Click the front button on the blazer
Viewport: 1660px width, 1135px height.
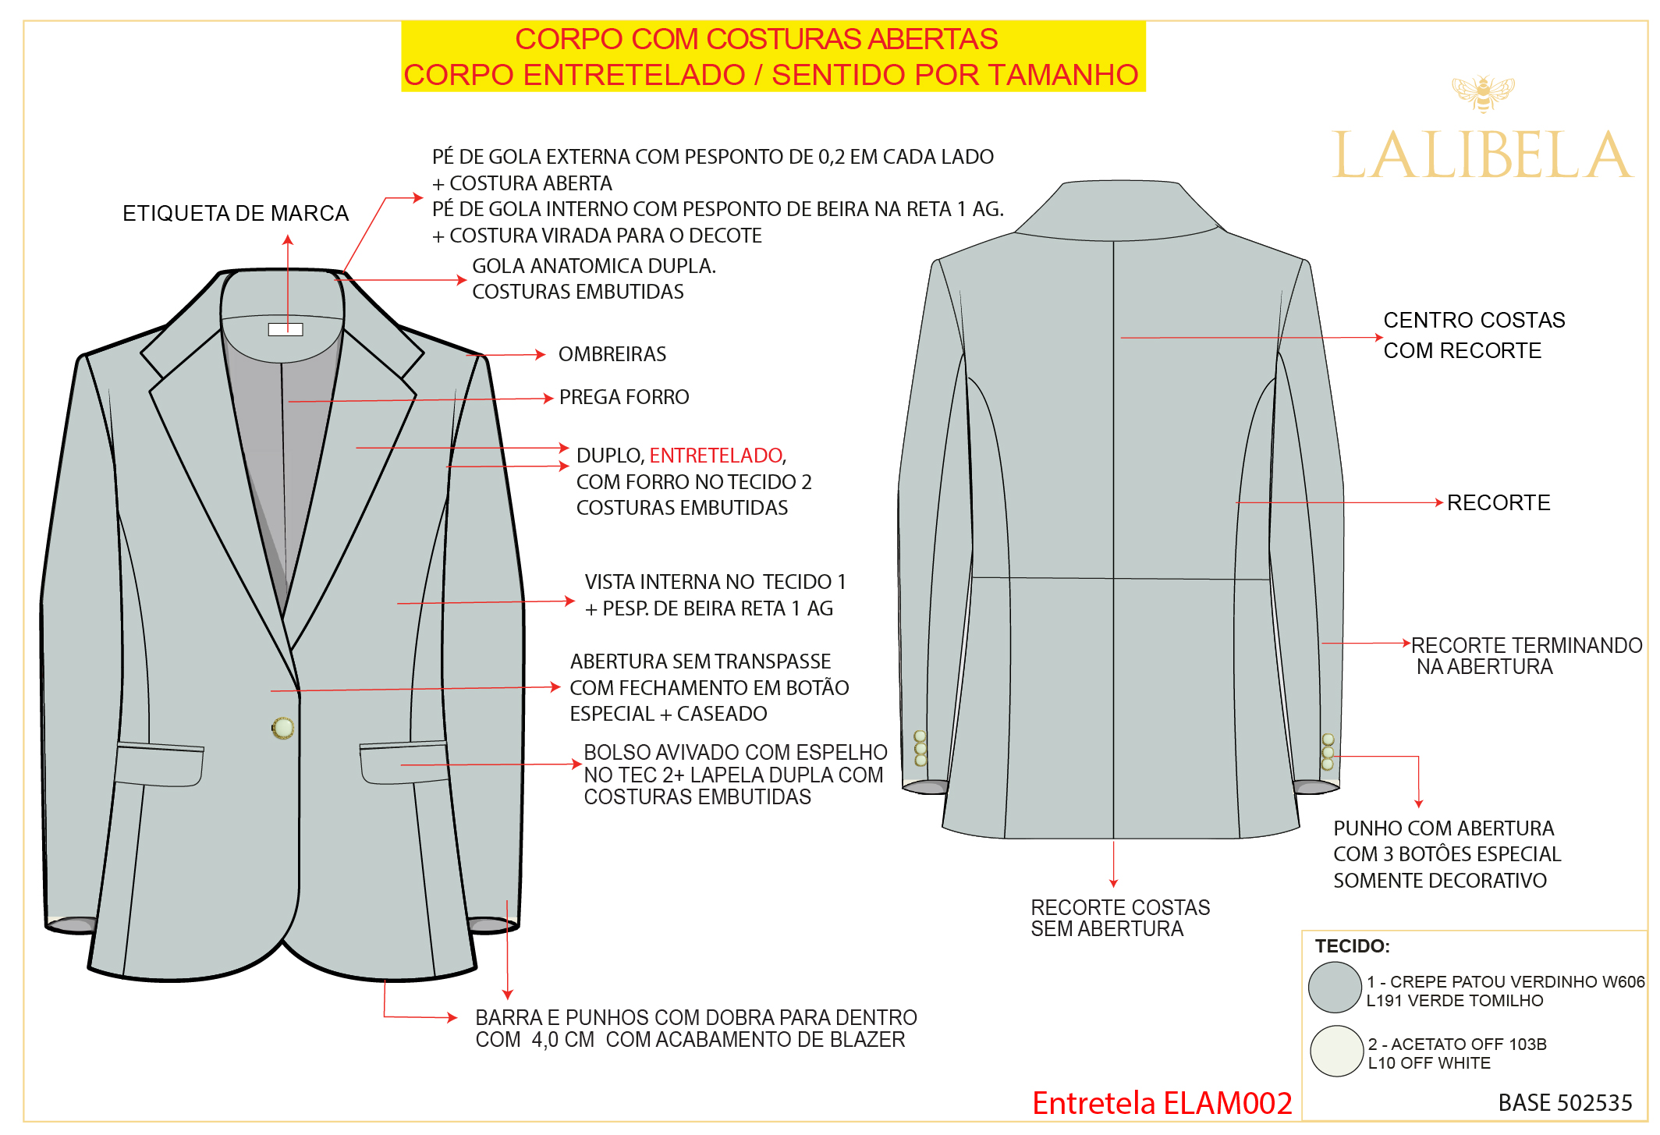pyautogui.click(x=283, y=728)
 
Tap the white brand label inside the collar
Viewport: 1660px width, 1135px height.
pyautogui.click(x=286, y=329)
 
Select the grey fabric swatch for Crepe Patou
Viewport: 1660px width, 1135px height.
pyautogui.click(x=1335, y=988)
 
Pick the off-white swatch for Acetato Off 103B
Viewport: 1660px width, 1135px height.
pyautogui.click(x=1336, y=1051)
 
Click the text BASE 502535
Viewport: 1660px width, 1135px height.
pyautogui.click(x=1565, y=1102)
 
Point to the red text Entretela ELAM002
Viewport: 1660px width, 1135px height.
pyautogui.click(x=1162, y=1103)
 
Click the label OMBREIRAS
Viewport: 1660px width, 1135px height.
pyautogui.click(x=612, y=354)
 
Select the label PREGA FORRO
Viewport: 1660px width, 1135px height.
pyautogui.click(x=624, y=397)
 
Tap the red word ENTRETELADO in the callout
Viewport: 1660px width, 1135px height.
pyautogui.click(x=716, y=456)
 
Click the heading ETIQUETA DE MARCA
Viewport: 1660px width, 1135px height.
pyautogui.click(x=236, y=213)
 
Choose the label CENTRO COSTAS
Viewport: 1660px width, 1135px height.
pyautogui.click(x=1474, y=320)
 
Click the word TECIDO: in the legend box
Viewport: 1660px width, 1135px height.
pyautogui.click(x=1353, y=946)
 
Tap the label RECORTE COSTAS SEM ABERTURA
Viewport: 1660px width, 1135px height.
pyautogui.click(x=1120, y=918)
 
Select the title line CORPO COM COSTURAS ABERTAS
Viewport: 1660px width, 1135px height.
pyautogui.click(x=756, y=39)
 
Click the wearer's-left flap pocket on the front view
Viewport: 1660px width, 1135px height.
pyautogui.click(x=404, y=762)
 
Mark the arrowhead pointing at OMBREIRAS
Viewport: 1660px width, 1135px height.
pyautogui.click(x=541, y=355)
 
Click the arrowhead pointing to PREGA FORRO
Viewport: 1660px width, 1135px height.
pyautogui.click(x=548, y=398)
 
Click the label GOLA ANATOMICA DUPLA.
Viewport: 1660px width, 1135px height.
pyautogui.click(x=594, y=266)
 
